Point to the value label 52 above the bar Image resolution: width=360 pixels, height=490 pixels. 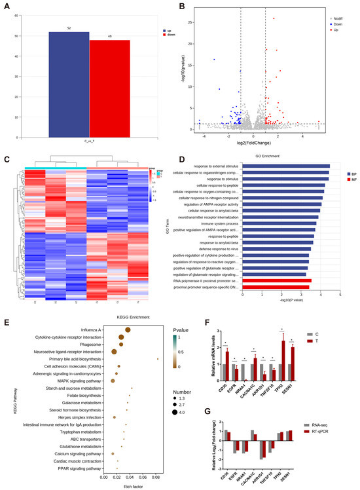point(68,29)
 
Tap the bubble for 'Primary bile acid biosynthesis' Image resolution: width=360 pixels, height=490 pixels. point(158,359)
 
